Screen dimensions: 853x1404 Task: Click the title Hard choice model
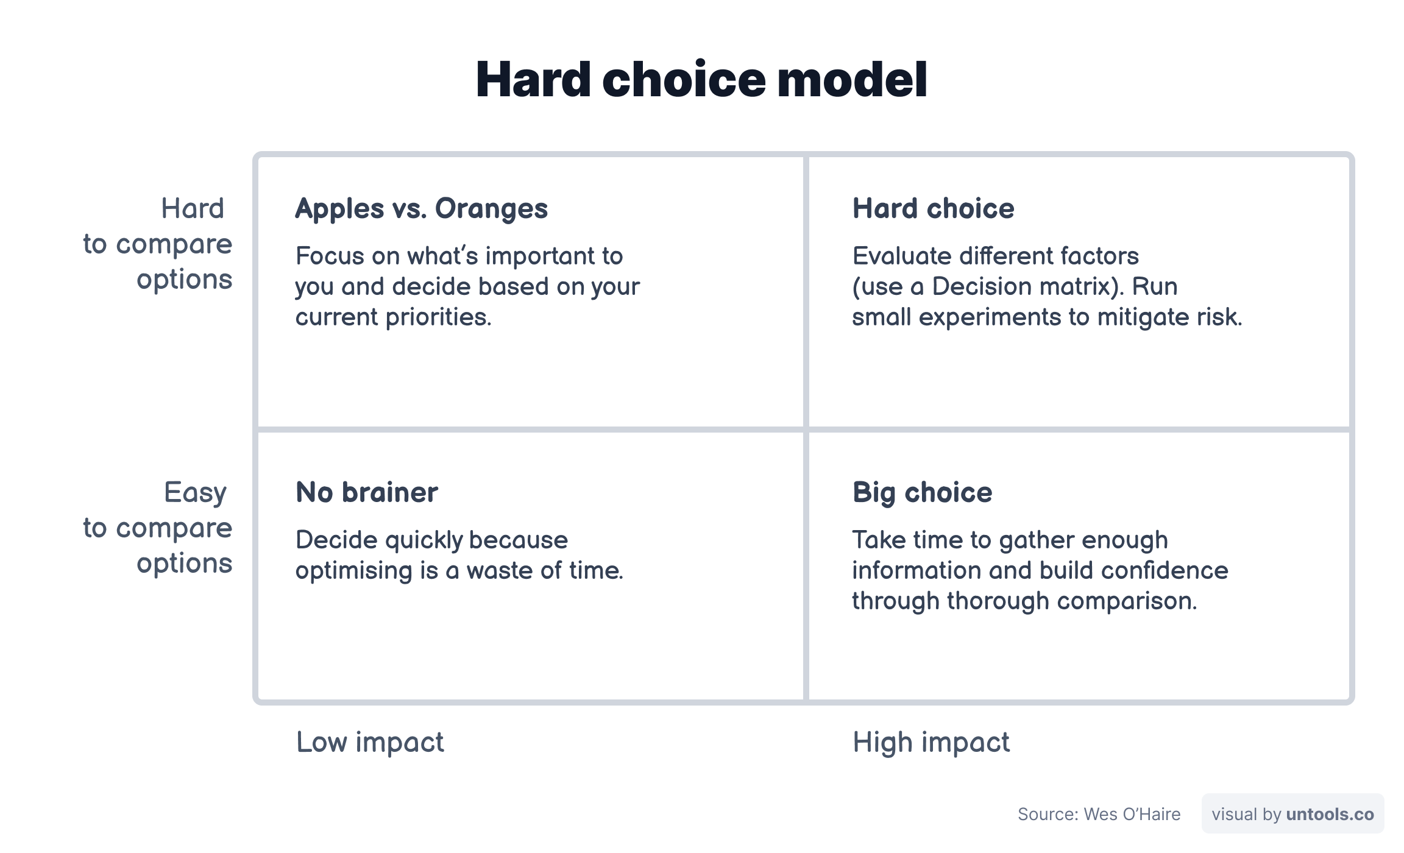click(701, 79)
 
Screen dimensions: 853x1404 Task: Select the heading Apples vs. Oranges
click(421, 209)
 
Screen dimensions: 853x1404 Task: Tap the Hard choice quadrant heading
click(933, 209)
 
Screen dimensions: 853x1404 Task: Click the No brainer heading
click(366, 492)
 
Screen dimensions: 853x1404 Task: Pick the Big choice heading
click(922, 492)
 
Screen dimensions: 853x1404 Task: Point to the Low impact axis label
click(370, 742)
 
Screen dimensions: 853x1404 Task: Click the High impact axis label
click(931, 742)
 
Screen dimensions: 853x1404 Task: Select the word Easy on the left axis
click(195, 492)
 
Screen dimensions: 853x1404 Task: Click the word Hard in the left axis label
click(193, 209)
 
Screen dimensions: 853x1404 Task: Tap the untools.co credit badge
click(1292, 814)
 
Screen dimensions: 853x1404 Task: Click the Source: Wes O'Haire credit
click(1099, 814)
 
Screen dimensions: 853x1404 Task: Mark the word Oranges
click(491, 209)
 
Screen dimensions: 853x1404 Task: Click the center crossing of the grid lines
click(806, 430)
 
